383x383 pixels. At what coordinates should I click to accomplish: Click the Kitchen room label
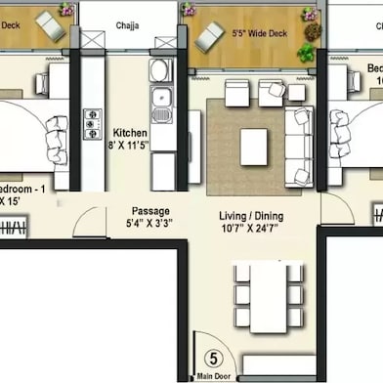[x=130, y=133]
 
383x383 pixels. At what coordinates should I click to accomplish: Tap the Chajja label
[x=127, y=26]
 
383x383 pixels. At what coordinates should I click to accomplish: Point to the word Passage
[x=151, y=210]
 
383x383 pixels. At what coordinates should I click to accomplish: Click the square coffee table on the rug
[x=254, y=147]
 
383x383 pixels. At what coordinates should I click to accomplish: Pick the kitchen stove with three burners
[x=93, y=125]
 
